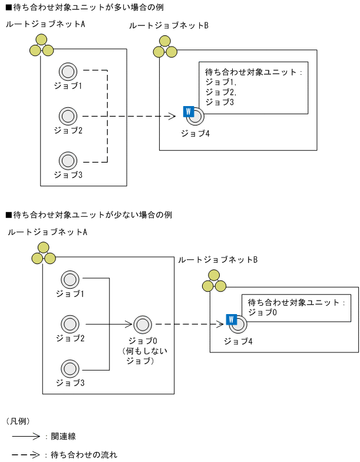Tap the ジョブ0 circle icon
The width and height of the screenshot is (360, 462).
[x=142, y=324]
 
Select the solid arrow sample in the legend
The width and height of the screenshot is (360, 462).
[x=26, y=437]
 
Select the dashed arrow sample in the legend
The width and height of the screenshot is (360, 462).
[x=26, y=454]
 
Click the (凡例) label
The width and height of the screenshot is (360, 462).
[x=18, y=421]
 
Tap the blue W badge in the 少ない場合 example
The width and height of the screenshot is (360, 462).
[x=231, y=320]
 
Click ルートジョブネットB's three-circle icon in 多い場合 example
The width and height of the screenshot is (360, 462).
[x=164, y=48]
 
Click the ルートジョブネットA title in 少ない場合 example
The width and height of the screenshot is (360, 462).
[x=48, y=232]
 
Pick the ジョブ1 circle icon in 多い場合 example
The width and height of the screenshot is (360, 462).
[x=68, y=72]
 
